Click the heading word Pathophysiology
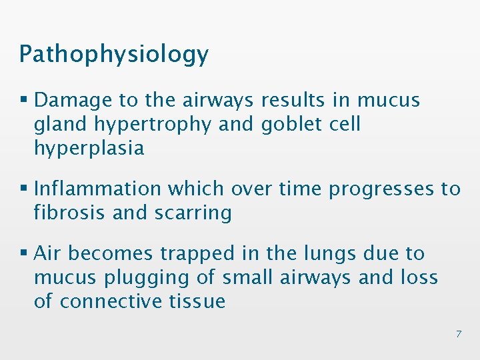(x=113, y=55)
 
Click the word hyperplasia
(x=89, y=148)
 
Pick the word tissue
(x=197, y=301)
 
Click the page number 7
(x=458, y=334)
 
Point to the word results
(x=296, y=100)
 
